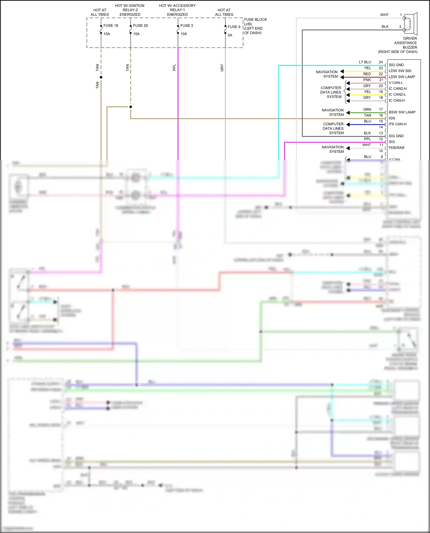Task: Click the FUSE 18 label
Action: pos(111,25)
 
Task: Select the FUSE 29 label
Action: pos(140,25)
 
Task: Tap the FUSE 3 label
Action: pos(187,25)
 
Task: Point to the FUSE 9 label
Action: pos(234,27)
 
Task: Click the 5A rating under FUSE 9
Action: pos(230,35)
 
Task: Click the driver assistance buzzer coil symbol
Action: pos(408,24)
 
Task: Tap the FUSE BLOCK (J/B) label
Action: pos(255,21)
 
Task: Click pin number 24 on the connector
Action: pos(381,62)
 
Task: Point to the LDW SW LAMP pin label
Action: pos(402,77)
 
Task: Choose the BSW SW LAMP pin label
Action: pos(402,112)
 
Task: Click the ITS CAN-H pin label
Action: pos(397,124)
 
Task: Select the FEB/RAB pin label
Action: pos(396,148)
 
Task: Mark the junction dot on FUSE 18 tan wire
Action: pos(101,77)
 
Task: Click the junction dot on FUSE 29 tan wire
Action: pos(131,107)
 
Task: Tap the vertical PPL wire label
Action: pos(174,68)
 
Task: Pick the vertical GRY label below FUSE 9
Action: pos(222,68)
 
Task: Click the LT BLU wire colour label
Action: pos(365,62)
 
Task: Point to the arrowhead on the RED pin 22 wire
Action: pos(342,77)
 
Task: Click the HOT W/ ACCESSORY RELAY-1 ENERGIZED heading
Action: pos(177,10)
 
